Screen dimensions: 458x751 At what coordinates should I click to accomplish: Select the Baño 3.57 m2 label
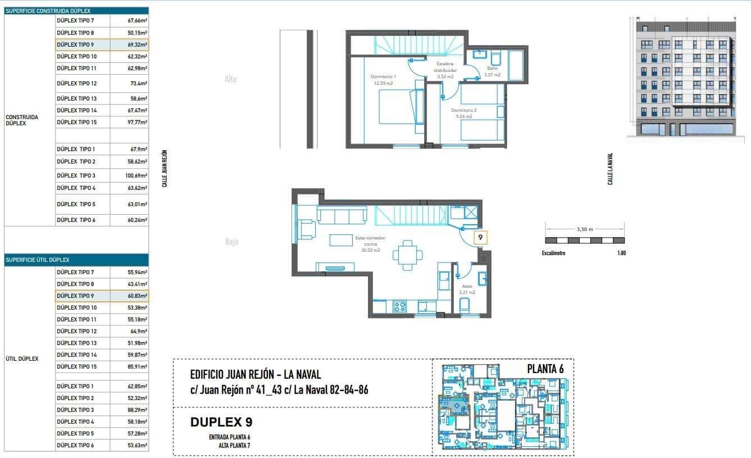[x=493, y=71]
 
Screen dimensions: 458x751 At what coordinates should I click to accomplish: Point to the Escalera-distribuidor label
[x=445, y=70]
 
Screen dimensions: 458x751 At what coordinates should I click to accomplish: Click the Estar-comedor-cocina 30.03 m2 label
[x=370, y=244]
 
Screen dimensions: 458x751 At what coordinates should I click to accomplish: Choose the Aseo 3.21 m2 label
[x=467, y=289]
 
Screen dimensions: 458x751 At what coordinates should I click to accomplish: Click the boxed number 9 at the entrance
[x=480, y=238]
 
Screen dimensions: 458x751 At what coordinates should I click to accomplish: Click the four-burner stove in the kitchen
[x=400, y=307]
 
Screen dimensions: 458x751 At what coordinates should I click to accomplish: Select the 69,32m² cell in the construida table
[x=129, y=44]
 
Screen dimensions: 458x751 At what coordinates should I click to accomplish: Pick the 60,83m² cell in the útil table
[x=129, y=296]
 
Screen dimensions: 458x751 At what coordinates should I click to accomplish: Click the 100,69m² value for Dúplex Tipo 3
[x=129, y=176]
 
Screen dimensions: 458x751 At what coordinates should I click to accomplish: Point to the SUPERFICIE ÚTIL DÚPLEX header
[x=37, y=260]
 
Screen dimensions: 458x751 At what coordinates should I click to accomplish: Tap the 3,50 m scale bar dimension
[x=584, y=229]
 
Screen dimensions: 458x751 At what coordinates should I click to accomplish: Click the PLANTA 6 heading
[x=545, y=369]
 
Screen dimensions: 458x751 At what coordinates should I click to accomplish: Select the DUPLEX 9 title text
[x=225, y=422]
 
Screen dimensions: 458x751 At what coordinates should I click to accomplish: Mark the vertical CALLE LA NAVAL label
[x=610, y=169]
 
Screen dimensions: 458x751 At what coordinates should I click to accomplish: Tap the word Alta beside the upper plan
[x=230, y=79]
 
